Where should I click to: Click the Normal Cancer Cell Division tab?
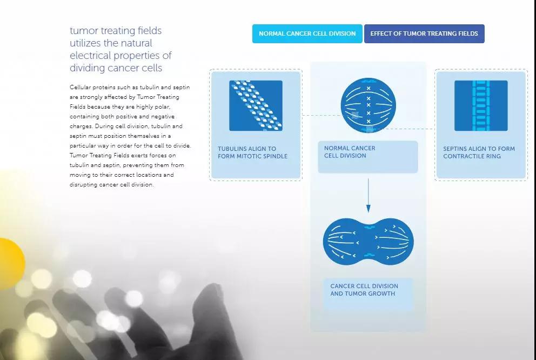[307, 34]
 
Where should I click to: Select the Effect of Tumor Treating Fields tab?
[424, 34]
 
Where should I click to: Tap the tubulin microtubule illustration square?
[256, 105]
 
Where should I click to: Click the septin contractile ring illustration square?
[481, 105]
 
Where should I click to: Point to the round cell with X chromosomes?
[368, 105]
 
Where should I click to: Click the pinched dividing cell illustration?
[368, 242]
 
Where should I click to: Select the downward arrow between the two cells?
[368, 196]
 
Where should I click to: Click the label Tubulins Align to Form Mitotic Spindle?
[253, 152]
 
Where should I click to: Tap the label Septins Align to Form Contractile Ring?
[479, 152]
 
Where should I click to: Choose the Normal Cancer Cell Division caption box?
[368, 157]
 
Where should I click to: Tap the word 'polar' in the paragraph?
[162, 107]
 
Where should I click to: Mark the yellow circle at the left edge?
[11, 263]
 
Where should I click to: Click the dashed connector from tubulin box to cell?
[321, 116]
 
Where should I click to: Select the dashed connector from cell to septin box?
[405, 129]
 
